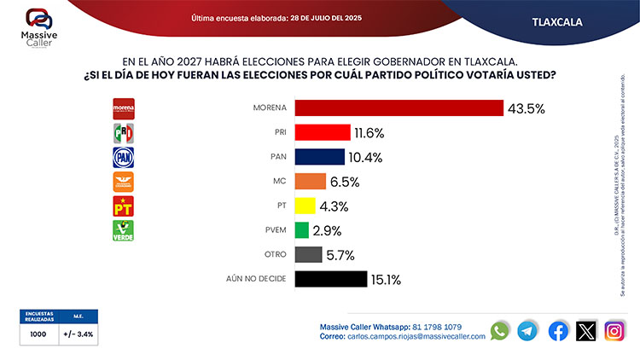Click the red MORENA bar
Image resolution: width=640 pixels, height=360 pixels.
click(x=398, y=108)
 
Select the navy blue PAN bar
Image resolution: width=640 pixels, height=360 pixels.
click(x=319, y=157)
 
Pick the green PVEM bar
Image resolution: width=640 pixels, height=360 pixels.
click(x=301, y=230)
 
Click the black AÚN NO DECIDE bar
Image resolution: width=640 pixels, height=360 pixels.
click(x=329, y=279)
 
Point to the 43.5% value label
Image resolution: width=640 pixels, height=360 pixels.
click(x=526, y=108)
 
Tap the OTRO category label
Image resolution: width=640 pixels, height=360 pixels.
click(x=270, y=254)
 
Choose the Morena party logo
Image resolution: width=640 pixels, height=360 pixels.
click(x=125, y=108)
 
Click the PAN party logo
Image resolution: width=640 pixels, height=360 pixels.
click(x=125, y=157)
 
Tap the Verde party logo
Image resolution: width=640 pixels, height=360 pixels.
click(x=125, y=230)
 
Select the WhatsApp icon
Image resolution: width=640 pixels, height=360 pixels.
click(x=500, y=331)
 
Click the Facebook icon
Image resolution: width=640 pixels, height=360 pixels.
click(x=558, y=331)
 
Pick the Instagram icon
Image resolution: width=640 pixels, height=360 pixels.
click(x=614, y=331)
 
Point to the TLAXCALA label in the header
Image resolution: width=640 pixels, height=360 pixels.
click(x=556, y=21)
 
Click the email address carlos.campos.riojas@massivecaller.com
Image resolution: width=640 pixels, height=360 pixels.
click(x=416, y=337)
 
